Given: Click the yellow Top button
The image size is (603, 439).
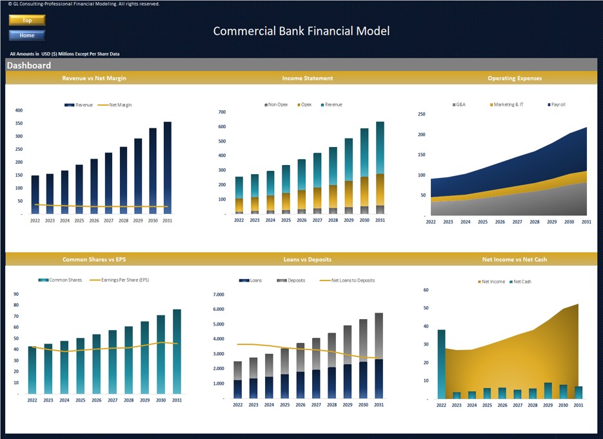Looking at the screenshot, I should pyautogui.click(x=26, y=21).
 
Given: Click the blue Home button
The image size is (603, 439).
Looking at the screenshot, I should pyautogui.click(x=26, y=35).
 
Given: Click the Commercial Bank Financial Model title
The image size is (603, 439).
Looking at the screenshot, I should pyautogui.click(x=301, y=31).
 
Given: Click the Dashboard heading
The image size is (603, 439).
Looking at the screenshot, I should pyautogui.click(x=29, y=66).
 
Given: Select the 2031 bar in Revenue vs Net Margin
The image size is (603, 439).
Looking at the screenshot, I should pyautogui.click(x=168, y=168).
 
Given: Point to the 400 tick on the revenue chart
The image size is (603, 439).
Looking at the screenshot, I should pyautogui.click(x=19, y=110).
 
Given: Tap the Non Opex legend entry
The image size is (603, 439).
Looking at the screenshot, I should pyautogui.click(x=276, y=104).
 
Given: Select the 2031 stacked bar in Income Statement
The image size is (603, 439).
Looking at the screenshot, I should pyautogui.click(x=380, y=168).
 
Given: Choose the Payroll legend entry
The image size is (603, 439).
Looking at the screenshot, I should pyautogui.click(x=557, y=104).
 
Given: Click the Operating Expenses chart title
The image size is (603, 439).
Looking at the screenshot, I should pyautogui.click(x=515, y=78).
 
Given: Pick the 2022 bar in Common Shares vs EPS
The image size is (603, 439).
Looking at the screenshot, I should pyautogui.click(x=32, y=370).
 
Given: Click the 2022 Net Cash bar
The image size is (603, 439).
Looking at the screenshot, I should pyautogui.click(x=441, y=364).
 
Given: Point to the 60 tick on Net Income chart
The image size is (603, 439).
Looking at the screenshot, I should pyautogui.click(x=426, y=290).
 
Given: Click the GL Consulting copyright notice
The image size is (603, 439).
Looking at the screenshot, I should pyautogui.click(x=81, y=4).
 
